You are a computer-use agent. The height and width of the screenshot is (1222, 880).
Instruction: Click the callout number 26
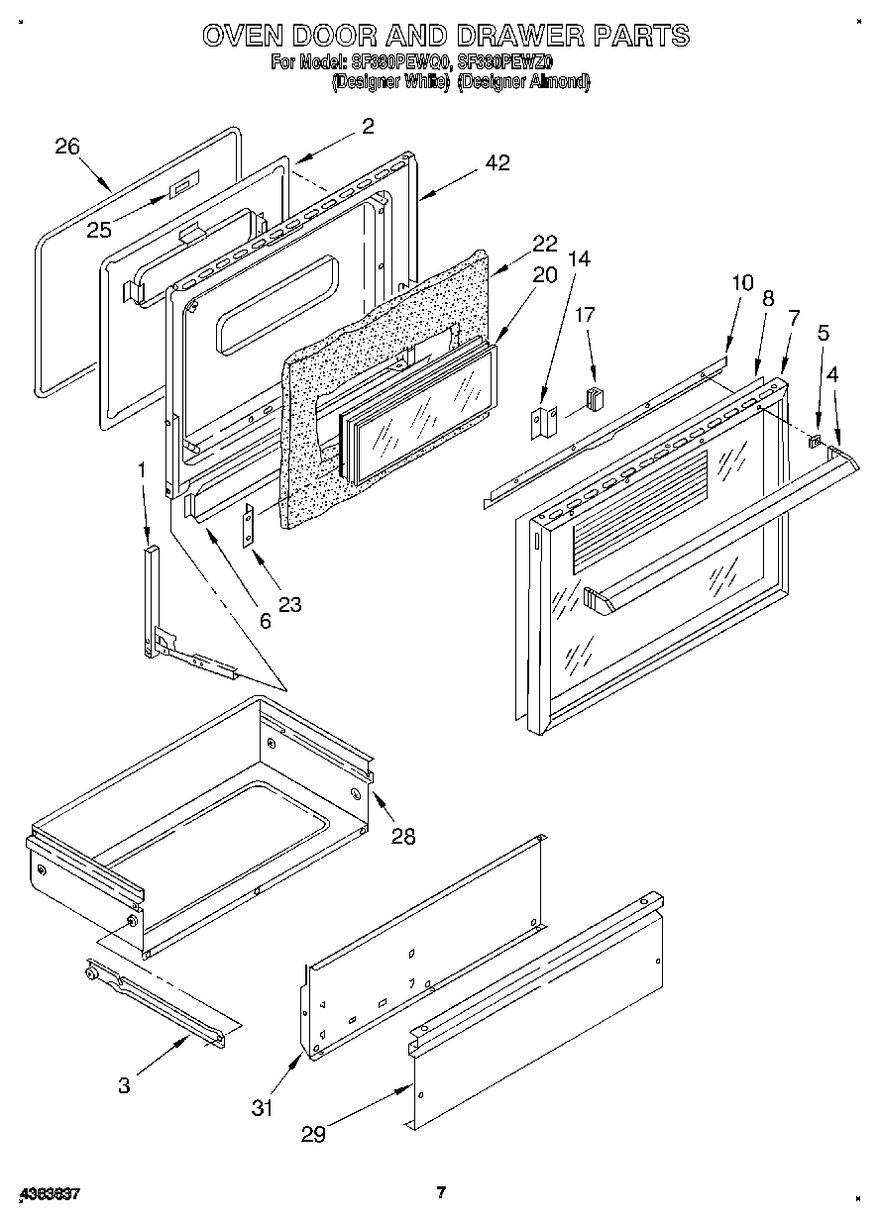click(x=67, y=147)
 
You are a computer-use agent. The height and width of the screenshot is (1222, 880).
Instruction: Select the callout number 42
click(x=497, y=163)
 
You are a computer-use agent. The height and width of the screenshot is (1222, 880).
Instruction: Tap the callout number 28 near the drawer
click(x=402, y=836)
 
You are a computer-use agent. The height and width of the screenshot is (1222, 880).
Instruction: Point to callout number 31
click(x=262, y=1108)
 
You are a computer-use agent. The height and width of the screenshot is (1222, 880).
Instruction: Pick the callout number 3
click(x=124, y=1085)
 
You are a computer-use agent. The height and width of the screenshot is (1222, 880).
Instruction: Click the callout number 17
click(x=586, y=315)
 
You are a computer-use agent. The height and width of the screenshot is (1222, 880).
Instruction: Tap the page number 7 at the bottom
click(x=442, y=1192)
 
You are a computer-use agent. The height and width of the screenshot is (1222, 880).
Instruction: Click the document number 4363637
click(x=49, y=1194)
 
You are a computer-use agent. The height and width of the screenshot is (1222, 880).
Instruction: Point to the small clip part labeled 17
click(x=595, y=399)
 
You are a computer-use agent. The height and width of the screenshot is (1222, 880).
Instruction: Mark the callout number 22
click(x=544, y=244)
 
